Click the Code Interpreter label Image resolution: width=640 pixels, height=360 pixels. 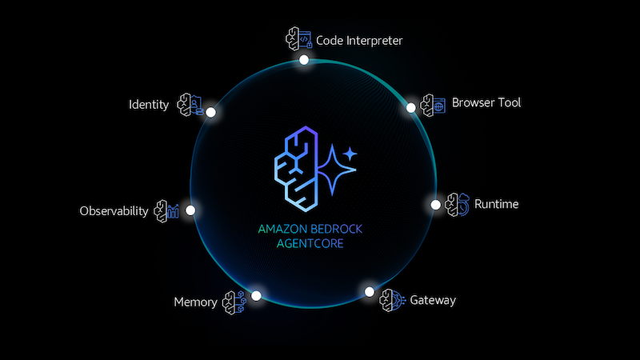coord(359,40)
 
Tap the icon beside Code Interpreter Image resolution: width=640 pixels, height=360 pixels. coord(298,39)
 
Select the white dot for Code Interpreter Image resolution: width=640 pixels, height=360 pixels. coord(304,60)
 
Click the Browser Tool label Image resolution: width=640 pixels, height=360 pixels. coord(486,103)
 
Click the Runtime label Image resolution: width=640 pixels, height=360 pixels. coord(496,204)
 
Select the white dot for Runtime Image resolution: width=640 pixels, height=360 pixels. coord(436,205)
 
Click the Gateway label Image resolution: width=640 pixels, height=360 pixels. coord(433,301)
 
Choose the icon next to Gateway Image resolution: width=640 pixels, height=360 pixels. coord(392,300)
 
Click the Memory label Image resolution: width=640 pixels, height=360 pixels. coord(195,302)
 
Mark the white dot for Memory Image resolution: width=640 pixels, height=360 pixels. coord(256,295)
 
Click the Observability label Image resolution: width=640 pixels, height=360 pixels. coord(114,211)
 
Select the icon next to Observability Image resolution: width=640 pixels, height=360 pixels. coord(166,211)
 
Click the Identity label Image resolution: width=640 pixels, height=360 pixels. coord(149,105)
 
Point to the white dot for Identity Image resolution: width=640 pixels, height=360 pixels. coord(211,113)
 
